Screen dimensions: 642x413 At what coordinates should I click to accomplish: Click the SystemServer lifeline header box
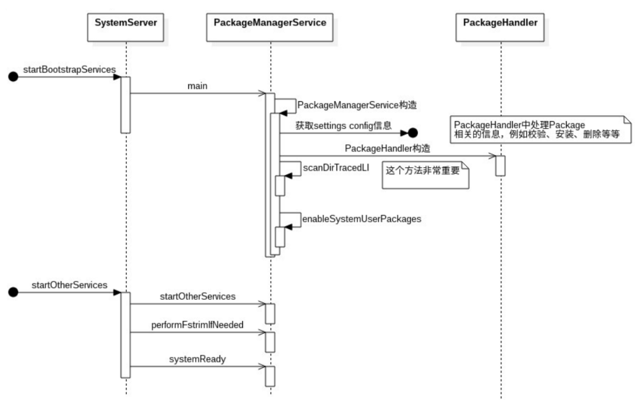point(126,27)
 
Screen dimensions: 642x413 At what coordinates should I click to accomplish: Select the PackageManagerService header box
point(269,27)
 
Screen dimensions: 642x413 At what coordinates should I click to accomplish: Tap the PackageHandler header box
point(500,27)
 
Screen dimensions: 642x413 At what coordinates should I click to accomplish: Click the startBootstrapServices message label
point(70,70)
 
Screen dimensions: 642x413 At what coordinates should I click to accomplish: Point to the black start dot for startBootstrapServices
point(13,77)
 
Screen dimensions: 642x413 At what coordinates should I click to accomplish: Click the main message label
point(197,86)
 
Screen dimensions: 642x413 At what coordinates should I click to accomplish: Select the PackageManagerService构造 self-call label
point(357,105)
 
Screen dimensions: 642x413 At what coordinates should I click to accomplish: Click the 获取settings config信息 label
point(344,126)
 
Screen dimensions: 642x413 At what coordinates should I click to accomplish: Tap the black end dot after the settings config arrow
point(413,133)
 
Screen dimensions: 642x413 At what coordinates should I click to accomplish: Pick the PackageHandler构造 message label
point(388,148)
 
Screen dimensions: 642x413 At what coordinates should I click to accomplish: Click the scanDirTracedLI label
point(336,168)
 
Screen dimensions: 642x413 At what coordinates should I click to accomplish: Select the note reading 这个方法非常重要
point(425,175)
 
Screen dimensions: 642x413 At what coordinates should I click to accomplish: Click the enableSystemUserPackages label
point(362,219)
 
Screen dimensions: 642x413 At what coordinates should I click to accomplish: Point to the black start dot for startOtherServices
point(13,292)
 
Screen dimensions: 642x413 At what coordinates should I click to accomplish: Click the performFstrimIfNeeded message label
point(197,325)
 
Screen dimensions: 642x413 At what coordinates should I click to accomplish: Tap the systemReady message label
point(197,359)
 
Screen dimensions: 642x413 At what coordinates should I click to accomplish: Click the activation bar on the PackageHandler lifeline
point(500,166)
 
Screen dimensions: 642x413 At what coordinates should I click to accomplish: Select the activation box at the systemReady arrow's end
point(270,376)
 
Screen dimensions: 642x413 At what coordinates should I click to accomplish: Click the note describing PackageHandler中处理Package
point(540,129)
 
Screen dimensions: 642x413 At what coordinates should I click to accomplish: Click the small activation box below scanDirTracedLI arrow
point(280,186)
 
